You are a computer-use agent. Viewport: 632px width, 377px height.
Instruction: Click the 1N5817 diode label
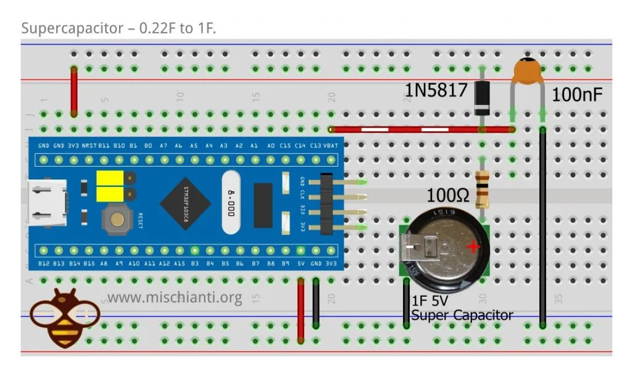[436, 91]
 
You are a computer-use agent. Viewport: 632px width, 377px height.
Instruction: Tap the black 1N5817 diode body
[481, 98]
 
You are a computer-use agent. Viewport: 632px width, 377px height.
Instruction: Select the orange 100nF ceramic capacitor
[528, 70]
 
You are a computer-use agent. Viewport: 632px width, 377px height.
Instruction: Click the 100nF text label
[577, 94]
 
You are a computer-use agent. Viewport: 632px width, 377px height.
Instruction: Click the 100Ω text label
[448, 197]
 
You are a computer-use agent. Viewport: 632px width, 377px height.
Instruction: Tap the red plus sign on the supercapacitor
[473, 247]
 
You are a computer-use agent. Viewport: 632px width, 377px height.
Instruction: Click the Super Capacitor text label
[462, 315]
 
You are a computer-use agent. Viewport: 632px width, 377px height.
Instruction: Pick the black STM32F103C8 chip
[185, 203]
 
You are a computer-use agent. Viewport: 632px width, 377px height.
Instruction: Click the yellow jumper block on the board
[109, 186]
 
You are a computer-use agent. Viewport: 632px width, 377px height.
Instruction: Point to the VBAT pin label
[331, 145]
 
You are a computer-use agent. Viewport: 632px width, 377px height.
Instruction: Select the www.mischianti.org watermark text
[175, 298]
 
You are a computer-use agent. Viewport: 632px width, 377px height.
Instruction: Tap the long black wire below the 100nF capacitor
[543, 228]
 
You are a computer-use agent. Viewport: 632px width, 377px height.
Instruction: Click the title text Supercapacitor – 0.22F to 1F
[118, 28]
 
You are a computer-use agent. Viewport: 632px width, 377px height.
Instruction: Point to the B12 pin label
[44, 264]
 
